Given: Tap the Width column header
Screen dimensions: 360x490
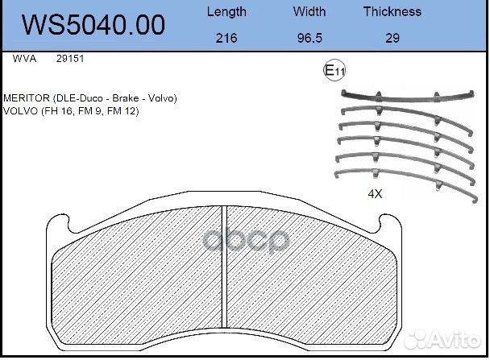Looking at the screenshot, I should (309, 11).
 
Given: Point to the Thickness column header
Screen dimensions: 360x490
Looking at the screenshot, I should (392, 11).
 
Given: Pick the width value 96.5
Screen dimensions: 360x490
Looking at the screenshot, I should (309, 38).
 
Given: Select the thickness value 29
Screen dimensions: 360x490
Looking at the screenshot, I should (392, 38).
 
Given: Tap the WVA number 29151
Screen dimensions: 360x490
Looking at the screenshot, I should (70, 59).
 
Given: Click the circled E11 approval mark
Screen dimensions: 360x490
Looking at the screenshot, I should (334, 71).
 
